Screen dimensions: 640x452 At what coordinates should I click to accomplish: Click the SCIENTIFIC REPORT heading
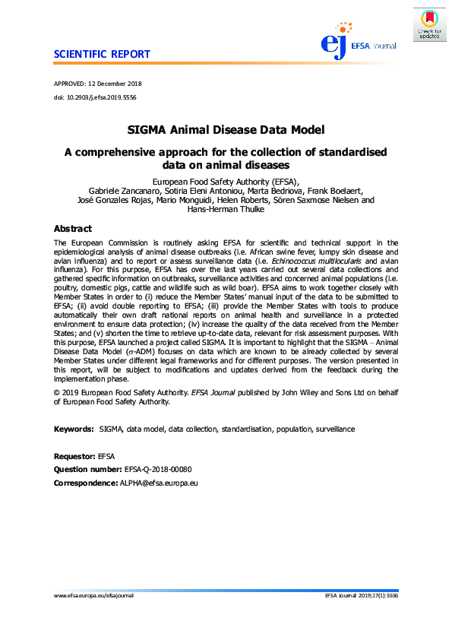pos(102,55)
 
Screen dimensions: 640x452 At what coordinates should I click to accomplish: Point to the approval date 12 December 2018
pos(116,83)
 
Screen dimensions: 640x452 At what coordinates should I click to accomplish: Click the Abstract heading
pos(73,229)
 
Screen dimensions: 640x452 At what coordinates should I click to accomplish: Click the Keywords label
pos(74,429)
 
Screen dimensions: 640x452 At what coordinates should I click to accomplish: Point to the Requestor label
pos(74,456)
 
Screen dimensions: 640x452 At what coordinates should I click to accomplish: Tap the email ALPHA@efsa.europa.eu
pos(159,483)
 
